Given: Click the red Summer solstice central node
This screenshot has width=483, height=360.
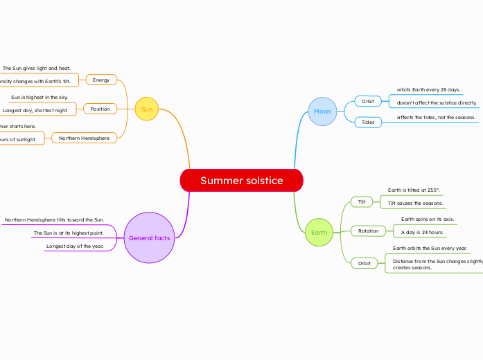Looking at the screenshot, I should tap(241, 181).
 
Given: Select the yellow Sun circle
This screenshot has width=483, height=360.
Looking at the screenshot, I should tap(147, 109).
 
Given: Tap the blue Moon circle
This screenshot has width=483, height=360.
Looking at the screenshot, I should tap(322, 111).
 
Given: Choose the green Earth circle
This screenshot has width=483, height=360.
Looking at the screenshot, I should tap(319, 233).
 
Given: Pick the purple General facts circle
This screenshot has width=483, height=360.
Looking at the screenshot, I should tap(149, 238).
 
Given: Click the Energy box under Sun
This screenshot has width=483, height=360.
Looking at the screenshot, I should tap(101, 80).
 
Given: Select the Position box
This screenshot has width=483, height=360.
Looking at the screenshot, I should tap(100, 109).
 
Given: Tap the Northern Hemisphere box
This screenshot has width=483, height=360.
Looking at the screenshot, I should tap(84, 138).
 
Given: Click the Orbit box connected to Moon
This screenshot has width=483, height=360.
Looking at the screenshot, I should tap(368, 101).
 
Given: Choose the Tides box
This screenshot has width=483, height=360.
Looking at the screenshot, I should tap(368, 123).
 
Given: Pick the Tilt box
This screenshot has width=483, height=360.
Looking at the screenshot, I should tap(362, 202).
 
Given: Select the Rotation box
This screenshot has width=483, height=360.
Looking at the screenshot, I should tap(369, 231).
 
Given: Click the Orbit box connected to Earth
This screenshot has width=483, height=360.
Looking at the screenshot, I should tap(365, 264).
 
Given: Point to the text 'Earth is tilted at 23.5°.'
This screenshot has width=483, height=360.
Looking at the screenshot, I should tap(414, 190).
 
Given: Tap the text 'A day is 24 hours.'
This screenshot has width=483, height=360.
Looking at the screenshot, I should tap(422, 233).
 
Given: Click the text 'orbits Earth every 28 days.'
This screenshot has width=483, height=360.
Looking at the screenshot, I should tap(428, 90).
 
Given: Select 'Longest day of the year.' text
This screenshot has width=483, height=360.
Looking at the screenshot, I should tap(75, 246).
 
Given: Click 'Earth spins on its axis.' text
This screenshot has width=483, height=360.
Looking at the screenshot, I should tap(428, 219).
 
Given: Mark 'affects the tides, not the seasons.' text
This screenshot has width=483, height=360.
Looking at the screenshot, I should tap(436, 118).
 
